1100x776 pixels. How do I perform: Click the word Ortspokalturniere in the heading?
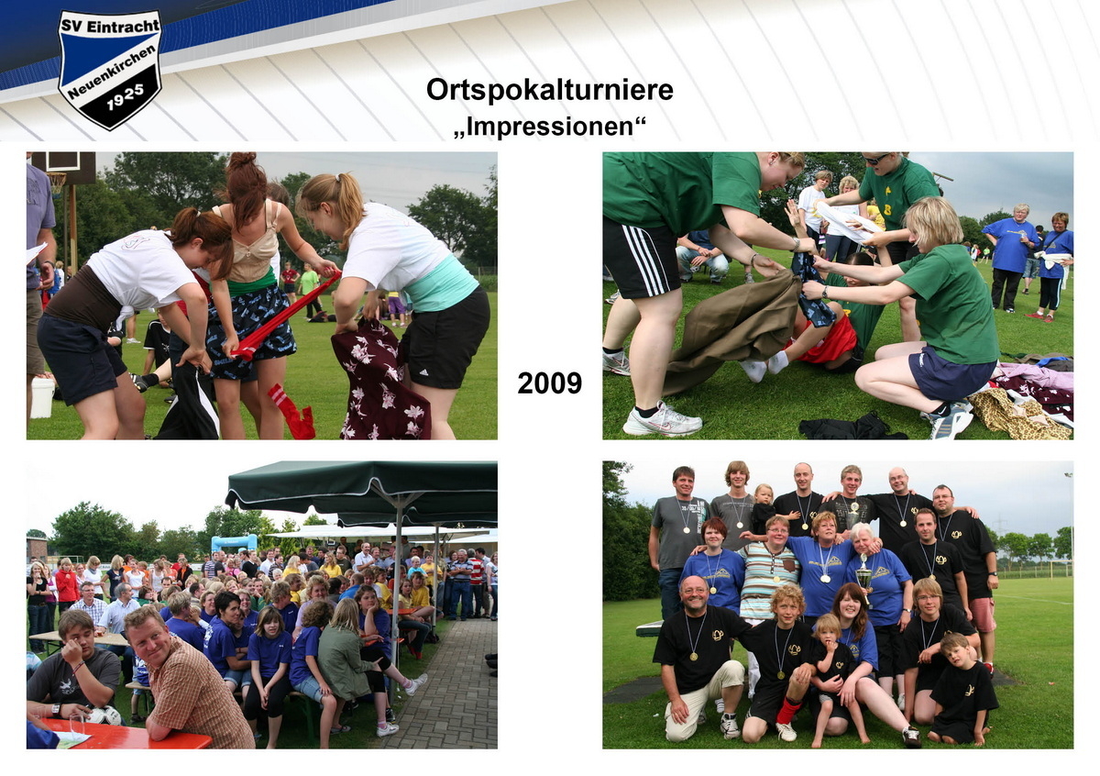click(549, 90)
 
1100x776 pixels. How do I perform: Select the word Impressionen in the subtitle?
click(549, 127)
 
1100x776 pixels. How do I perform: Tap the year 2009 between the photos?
click(549, 382)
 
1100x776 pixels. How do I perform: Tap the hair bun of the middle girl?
click(242, 163)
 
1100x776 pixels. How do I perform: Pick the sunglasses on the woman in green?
click(874, 160)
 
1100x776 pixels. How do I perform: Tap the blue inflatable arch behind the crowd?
click(234, 542)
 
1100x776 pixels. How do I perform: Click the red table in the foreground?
click(128, 735)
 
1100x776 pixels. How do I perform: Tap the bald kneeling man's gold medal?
click(694, 654)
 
